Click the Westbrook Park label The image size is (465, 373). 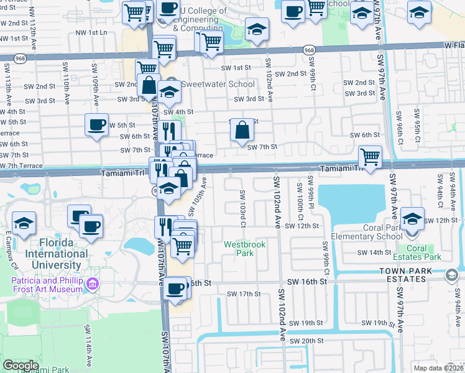point(245,249)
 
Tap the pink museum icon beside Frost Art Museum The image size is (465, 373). point(93,284)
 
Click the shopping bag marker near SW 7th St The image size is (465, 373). point(242,131)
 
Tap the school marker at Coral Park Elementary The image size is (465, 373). point(412,219)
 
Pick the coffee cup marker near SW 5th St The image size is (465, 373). point(97,125)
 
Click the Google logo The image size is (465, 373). point(21,366)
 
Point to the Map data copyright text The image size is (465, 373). point(438,368)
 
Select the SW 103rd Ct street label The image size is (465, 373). point(243,209)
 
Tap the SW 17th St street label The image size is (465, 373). point(243,294)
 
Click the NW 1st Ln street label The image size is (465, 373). point(91,32)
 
